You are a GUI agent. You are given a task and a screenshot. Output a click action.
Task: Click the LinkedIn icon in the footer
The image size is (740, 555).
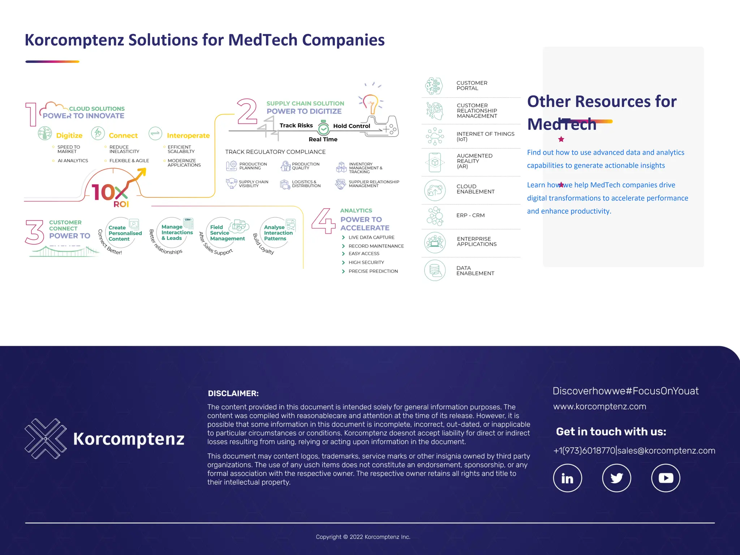coord(567,478)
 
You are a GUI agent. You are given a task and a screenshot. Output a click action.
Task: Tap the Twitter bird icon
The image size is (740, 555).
coord(616,478)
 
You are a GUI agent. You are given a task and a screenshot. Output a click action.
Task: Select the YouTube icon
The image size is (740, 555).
coord(666,478)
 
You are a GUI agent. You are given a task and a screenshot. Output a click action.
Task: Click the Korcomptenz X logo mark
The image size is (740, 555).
coord(46,439)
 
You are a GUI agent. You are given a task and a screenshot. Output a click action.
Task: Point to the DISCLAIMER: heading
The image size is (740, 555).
coord(233,393)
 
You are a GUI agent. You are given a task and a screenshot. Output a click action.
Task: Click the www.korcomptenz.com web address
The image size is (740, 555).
coord(599,406)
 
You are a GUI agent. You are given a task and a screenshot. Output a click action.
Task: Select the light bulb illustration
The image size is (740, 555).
coord(371,103)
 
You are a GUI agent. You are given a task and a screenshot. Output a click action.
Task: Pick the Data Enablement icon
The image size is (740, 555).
coord(435,270)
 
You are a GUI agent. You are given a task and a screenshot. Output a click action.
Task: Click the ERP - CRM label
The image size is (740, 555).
coord(470,215)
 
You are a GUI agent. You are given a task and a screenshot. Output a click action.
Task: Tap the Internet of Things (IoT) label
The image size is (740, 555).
coord(485,137)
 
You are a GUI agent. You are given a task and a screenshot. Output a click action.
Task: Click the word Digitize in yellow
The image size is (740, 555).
coord(69,135)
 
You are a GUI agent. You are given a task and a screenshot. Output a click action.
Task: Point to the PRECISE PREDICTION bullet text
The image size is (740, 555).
coord(373,271)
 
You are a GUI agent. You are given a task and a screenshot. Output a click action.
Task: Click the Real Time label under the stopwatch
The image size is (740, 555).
coord(323,139)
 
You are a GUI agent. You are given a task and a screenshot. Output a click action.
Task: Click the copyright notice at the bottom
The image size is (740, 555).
coord(363,537)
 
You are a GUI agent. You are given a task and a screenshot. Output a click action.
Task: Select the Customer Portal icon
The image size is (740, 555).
coord(434,86)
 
